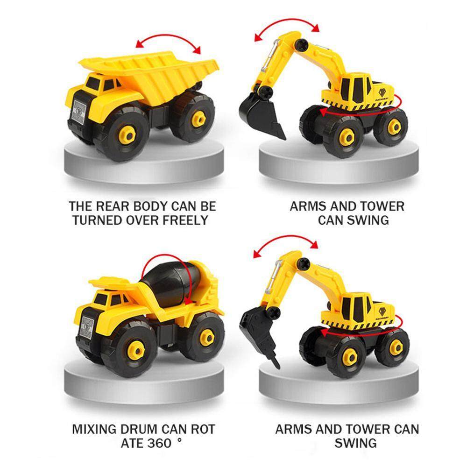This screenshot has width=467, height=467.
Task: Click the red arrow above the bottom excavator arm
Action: coord(284,245)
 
